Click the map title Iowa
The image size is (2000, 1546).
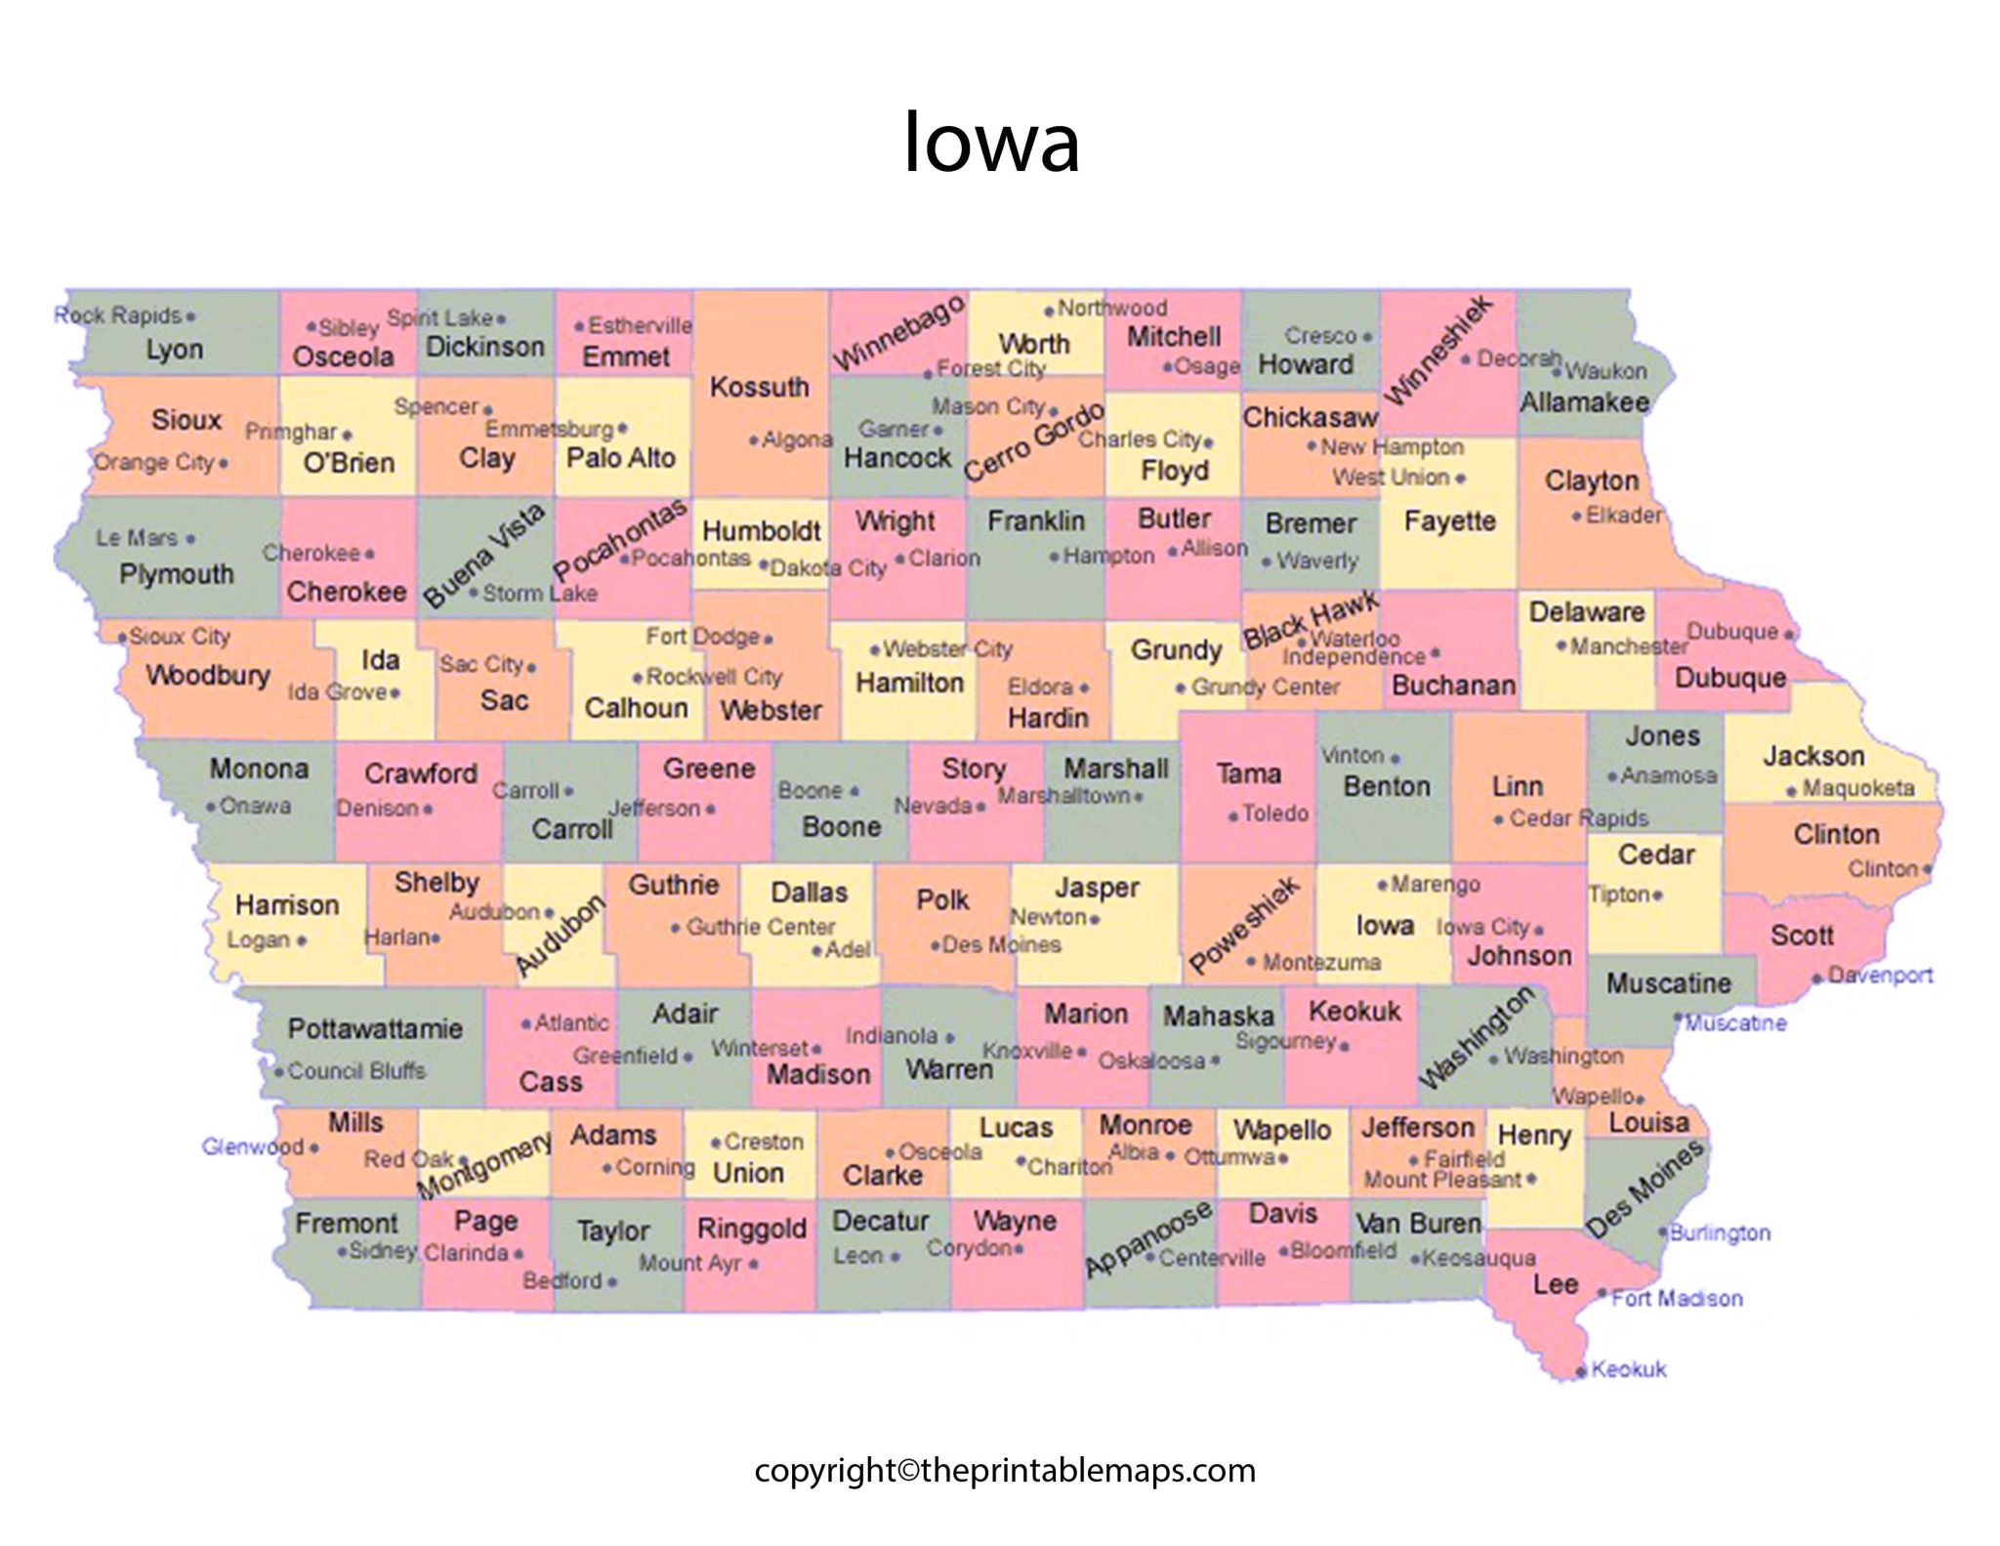[991, 143]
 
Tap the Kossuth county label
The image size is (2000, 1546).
[759, 387]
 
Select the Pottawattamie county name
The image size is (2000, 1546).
[375, 1028]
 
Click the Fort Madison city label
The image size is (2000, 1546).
[1676, 1298]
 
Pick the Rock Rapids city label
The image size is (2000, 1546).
[117, 315]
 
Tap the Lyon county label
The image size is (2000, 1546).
[175, 349]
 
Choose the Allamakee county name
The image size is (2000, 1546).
[1584, 401]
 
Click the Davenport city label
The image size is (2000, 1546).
[1880, 975]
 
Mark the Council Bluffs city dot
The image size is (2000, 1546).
[279, 1072]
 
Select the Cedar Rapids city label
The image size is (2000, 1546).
[1578, 818]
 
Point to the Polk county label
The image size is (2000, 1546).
[942, 899]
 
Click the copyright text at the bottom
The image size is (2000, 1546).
[1005, 1470]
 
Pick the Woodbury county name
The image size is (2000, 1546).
[208, 675]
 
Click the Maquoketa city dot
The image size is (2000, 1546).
[1792, 791]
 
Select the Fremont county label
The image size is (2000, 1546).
[347, 1223]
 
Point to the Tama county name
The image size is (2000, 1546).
[1248, 773]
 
